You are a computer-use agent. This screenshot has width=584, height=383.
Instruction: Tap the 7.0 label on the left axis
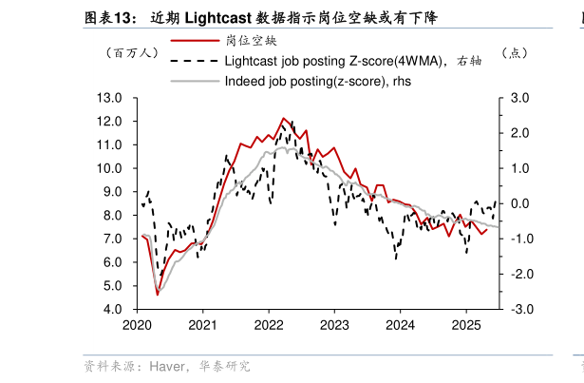[x=115, y=239]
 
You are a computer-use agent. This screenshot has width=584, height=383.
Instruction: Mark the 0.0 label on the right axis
[x=519, y=203]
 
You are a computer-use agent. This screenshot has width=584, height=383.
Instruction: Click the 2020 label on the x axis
[x=138, y=324]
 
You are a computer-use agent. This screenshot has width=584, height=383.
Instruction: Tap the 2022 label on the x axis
[x=269, y=324]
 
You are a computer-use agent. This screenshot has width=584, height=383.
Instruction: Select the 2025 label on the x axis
[x=466, y=324]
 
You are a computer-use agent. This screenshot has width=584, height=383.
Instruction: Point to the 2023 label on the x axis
[x=334, y=324]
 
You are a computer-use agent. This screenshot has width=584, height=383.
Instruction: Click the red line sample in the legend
[x=193, y=41]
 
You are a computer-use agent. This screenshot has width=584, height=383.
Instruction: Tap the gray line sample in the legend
[x=193, y=81]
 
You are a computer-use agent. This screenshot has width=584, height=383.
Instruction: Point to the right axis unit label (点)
[x=514, y=53]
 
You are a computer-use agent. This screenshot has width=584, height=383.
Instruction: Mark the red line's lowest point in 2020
[x=158, y=295]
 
